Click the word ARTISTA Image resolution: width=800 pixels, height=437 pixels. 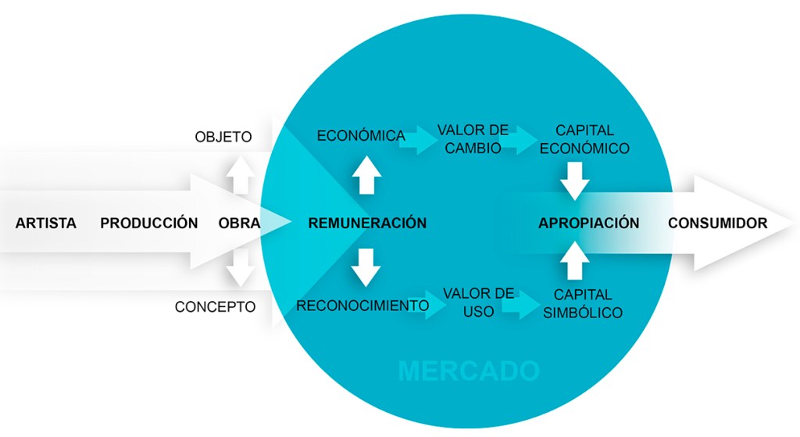tap(46, 223)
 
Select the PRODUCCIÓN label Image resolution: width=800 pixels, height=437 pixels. tap(149, 223)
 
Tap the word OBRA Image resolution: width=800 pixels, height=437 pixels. tap(240, 223)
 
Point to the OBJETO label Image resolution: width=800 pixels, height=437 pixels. tap(223, 137)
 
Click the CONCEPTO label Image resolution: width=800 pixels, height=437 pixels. tap(215, 307)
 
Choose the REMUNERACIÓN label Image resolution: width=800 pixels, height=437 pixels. tap(367, 223)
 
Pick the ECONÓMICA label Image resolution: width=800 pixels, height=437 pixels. tap(361, 135)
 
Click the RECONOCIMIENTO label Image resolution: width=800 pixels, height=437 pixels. tap(362, 306)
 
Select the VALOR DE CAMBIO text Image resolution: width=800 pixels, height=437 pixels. tap(473, 138)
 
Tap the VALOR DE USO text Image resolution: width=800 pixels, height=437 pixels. tap(478, 302)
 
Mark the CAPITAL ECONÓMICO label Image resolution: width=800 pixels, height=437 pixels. tap(584, 138)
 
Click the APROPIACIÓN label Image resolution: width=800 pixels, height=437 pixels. tap(588, 223)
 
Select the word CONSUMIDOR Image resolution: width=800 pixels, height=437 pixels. tap(717, 223)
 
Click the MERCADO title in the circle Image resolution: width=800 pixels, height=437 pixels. tap(469, 371)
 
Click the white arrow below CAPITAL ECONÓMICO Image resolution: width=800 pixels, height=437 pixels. tap(574, 179)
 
